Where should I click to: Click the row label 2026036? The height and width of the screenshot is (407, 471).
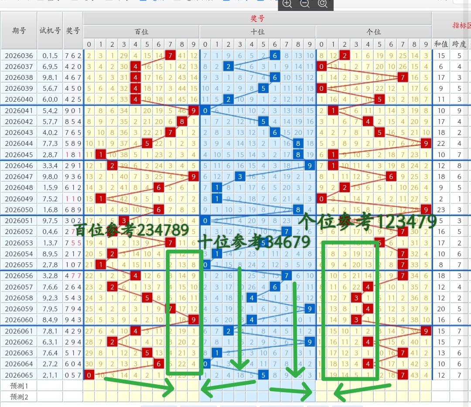[19, 55]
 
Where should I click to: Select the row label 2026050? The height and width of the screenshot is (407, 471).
[19, 209]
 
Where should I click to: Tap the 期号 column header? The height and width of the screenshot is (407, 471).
[19, 31]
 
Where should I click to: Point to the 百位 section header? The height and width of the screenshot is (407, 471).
[141, 32]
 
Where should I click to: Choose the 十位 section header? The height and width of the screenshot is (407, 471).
[257, 32]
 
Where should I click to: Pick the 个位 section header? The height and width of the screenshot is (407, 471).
[374, 32]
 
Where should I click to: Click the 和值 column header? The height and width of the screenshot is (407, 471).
[441, 44]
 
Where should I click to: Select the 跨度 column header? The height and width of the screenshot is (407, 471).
[459, 44]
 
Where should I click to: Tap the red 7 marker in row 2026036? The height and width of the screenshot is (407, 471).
[170, 55]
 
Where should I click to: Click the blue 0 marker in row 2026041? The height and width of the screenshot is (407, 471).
[205, 110]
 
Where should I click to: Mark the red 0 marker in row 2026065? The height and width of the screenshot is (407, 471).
[89, 374]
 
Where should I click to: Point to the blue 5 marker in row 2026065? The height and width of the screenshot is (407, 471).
[263, 374]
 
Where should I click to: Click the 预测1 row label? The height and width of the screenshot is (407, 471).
[19, 386]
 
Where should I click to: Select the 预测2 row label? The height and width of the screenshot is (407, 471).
[19, 397]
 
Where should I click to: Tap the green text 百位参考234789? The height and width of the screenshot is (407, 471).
[131, 230]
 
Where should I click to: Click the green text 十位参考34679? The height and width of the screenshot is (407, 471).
[254, 241]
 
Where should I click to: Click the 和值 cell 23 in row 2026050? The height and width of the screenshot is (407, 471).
[441, 209]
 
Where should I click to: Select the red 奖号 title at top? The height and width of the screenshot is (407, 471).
[257, 18]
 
